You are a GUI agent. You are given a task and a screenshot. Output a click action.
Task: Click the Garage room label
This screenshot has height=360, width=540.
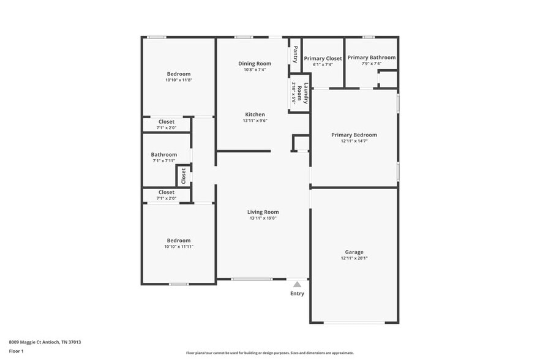[x=354, y=252]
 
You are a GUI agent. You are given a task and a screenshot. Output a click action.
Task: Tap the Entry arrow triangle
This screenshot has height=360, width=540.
[x=297, y=284]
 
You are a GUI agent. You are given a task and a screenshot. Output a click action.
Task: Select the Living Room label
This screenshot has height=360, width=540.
[x=263, y=212]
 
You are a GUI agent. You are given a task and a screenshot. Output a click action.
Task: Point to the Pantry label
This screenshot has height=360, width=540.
[x=295, y=55]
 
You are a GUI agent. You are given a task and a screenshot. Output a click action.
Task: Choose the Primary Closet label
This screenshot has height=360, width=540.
[x=323, y=58]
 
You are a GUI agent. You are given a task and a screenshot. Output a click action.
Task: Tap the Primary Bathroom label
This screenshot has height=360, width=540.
[x=372, y=58]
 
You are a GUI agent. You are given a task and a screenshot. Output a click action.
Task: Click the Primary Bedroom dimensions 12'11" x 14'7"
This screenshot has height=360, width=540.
[x=354, y=141]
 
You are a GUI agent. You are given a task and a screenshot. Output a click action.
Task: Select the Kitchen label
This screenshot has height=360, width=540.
[x=255, y=114]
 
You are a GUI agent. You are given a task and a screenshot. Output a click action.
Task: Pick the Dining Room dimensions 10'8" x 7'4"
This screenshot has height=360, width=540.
[x=255, y=70]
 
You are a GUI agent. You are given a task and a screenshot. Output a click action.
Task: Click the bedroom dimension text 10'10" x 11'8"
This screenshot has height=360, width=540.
[x=179, y=80]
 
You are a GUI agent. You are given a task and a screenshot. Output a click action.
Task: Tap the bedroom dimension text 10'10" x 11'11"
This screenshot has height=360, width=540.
[x=179, y=247]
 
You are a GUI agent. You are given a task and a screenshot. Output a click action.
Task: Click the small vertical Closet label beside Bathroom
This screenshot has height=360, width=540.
[x=183, y=176]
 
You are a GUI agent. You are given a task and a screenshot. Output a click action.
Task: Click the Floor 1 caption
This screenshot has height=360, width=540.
[x=17, y=351]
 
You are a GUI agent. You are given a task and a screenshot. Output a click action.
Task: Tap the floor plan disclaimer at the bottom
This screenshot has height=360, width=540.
[x=269, y=353]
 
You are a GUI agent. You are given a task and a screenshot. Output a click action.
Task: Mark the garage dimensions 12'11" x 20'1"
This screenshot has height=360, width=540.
[x=354, y=258]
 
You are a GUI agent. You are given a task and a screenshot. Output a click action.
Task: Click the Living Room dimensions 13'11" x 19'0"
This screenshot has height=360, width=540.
[x=263, y=219]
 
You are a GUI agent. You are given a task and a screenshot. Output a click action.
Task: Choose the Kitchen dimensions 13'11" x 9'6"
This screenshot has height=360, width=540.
[x=255, y=121]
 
